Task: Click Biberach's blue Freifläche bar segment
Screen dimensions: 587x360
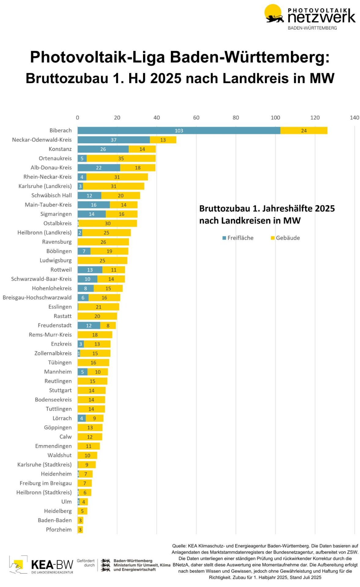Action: [178, 131]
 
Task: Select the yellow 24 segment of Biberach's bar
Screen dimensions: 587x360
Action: [303, 131]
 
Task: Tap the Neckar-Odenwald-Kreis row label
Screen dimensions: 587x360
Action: [42, 140]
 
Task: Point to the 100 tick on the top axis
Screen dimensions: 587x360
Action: [275, 118]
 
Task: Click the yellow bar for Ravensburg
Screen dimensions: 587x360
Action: [103, 242]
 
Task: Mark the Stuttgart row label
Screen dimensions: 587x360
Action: [60, 390]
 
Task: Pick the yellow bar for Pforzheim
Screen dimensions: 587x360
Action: [80, 530]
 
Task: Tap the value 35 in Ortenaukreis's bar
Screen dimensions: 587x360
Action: [121, 158]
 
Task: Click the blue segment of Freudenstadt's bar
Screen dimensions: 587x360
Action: [89, 326]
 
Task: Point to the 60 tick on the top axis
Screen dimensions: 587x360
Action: [196, 118]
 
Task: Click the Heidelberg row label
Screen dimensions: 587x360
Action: [58, 511]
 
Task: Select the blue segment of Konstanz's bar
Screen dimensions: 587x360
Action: [103, 149]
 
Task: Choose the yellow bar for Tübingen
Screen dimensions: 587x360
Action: [93, 363]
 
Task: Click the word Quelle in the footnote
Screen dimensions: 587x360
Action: [179, 546]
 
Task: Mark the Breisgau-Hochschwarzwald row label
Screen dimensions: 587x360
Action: [37, 297]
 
